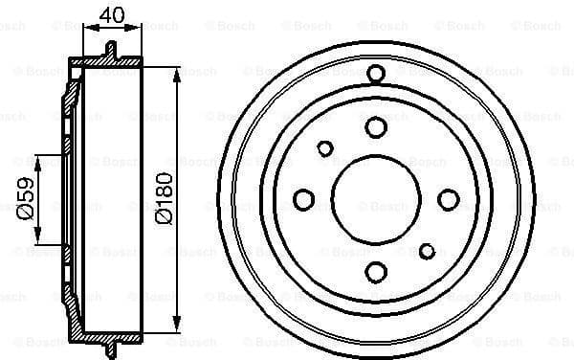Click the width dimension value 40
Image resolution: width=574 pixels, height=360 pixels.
[x=112, y=14]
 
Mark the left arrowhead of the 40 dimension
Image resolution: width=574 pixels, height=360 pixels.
[x=88, y=29]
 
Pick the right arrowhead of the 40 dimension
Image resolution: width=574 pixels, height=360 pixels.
[x=137, y=29]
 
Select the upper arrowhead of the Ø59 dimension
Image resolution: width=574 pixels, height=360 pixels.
[x=39, y=158]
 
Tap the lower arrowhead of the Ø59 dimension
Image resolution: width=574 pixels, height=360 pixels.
[x=39, y=241]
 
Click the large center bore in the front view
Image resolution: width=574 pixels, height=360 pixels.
[x=375, y=199]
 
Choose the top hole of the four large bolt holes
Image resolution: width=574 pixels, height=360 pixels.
[x=375, y=127]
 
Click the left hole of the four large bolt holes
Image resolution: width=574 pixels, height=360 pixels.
[x=304, y=199]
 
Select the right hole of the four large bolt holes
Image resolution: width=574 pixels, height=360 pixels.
[x=448, y=199]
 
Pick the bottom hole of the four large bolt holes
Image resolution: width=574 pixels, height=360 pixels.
[x=375, y=272]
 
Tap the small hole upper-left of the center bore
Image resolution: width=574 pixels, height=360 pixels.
[x=325, y=148]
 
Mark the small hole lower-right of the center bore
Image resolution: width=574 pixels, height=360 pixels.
[x=427, y=251]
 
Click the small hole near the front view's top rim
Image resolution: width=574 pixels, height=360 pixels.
[x=375, y=74]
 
